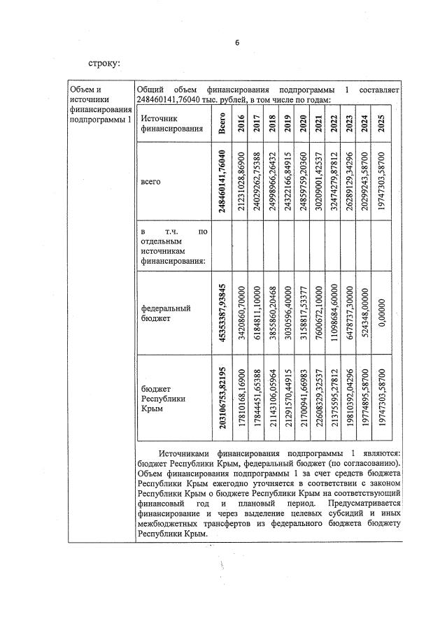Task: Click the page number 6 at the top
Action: pyautogui.click(x=237, y=43)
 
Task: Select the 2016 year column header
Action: pyautogui.click(x=241, y=124)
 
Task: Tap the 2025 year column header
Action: pyautogui.click(x=381, y=124)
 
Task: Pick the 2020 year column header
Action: pyautogui.click(x=303, y=124)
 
